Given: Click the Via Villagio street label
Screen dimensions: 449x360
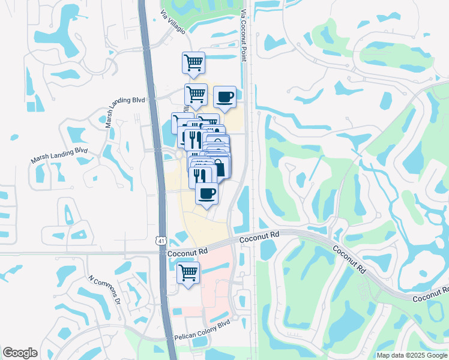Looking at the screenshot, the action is pos(173,22).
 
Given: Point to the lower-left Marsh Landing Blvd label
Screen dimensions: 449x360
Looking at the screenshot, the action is pos(59,155).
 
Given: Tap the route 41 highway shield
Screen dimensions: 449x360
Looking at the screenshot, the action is pos(161,241).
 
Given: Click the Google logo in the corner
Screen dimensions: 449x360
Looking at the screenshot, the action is pos(20,353).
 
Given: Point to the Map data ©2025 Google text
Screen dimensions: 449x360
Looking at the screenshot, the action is pos(412,355).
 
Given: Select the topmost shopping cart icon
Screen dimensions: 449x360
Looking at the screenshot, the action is pos(193,62).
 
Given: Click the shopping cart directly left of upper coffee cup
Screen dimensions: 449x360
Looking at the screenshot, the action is pos(196,94).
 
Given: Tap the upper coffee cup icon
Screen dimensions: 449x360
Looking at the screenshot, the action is pos(224,97).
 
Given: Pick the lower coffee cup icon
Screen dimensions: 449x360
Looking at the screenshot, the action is pos(207,193).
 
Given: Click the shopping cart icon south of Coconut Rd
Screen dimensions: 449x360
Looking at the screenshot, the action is pos(188,272).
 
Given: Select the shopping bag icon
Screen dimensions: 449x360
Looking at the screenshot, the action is pos(219,167).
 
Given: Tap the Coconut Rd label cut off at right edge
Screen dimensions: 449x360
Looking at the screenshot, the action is pos(430,296).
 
